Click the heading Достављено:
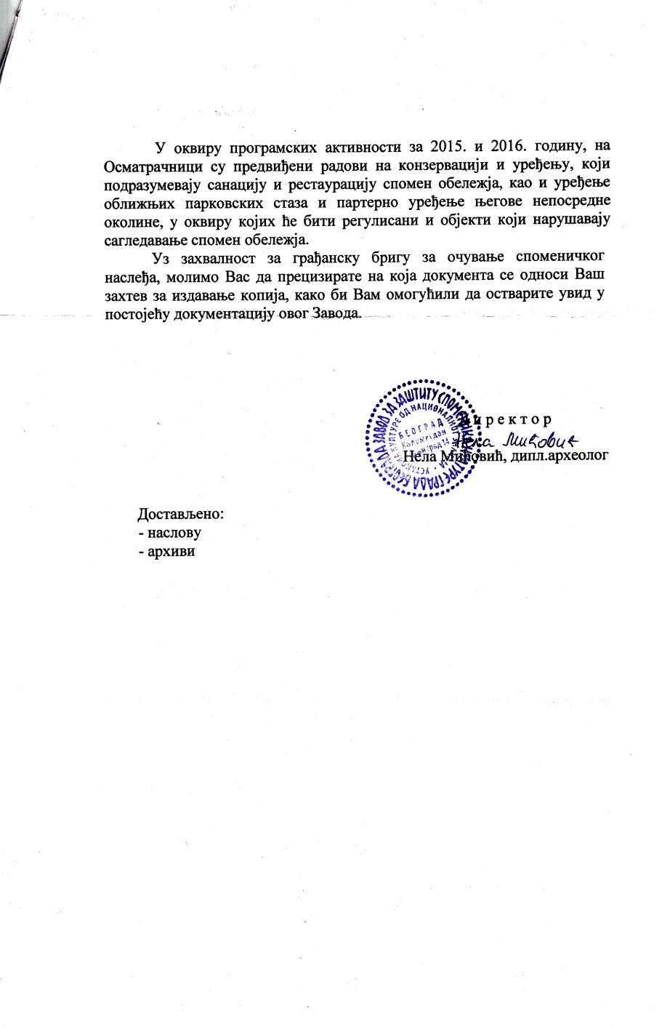click(181, 514)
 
